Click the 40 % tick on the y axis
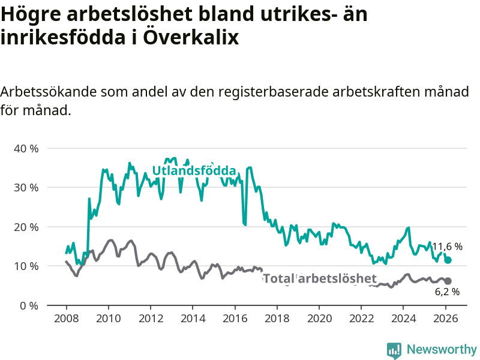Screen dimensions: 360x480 point(25,148)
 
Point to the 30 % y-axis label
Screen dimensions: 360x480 point(25,187)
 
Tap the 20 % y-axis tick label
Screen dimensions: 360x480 point(25,227)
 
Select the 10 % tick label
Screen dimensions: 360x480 point(25,266)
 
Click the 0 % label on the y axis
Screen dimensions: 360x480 point(28,305)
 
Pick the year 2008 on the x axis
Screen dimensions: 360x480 point(66,318)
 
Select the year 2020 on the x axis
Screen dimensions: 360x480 point(319,318)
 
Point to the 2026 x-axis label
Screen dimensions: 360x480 point(446,318)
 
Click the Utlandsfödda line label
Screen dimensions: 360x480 point(194,171)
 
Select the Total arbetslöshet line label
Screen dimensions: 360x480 point(320,278)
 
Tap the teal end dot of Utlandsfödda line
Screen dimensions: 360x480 point(448,260)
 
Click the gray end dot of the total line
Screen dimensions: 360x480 point(448,281)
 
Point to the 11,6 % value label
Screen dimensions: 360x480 point(448,247)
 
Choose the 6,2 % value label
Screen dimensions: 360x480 point(447,292)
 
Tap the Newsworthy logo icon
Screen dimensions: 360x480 point(394,349)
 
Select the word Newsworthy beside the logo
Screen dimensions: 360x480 point(442,349)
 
